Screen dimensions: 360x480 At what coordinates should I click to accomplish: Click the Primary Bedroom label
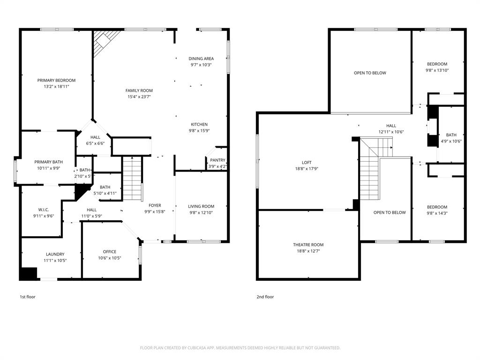pyautogui.click(x=56, y=80)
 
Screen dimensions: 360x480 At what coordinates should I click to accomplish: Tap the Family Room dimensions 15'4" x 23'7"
pyautogui.click(x=139, y=97)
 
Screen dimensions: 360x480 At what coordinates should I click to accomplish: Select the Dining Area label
pyautogui.click(x=201, y=59)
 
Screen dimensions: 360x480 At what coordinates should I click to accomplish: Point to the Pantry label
pyautogui.click(x=217, y=160)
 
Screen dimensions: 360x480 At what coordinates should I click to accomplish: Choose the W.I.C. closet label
pyautogui.click(x=44, y=210)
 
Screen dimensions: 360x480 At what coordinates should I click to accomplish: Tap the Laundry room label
pyautogui.click(x=55, y=254)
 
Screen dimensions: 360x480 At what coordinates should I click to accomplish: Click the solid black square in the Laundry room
pyautogui.click(x=29, y=274)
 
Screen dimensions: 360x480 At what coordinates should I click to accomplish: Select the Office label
pyautogui.click(x=110, y=252)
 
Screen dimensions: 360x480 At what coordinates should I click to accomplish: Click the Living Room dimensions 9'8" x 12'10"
pyautogui.click(x=201, y=212)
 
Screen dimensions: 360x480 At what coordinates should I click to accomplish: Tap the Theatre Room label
pyautogui.click(x=308, y=245)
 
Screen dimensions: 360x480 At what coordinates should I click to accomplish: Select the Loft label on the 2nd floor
pyautogui.click(x=307, y=162)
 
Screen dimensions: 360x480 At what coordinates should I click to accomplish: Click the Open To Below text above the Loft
pyautogui.click(x=370, y=73)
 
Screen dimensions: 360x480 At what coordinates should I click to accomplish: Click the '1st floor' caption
pyautogui.click(x=27, y=297)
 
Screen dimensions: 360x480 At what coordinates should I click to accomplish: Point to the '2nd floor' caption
pyautogui.click(x=265, y=297)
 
